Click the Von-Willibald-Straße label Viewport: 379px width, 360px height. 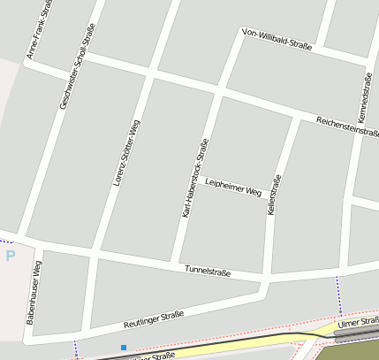[x=277, y=44]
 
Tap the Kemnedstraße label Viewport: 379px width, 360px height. [x=364, y=96]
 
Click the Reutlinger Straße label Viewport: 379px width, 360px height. [x=154, y=319]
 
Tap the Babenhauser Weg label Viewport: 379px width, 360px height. [x=34, y=293]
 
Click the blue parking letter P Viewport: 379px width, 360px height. [x=11, y=257]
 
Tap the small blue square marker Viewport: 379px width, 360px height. [x=124, y=347]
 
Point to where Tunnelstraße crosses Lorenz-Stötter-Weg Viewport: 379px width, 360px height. [x=91, y=257]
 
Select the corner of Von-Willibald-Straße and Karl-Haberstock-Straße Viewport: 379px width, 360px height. [x=242, y=34]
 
